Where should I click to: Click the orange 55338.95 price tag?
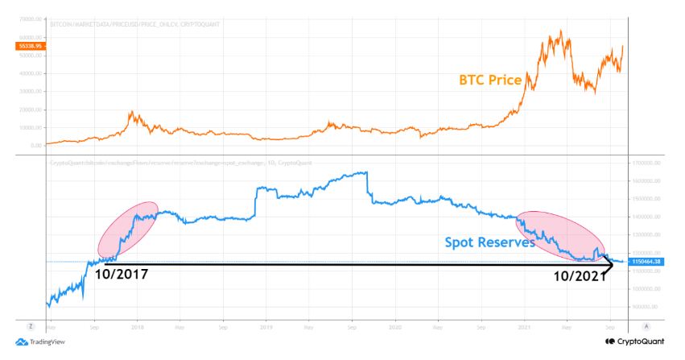(27, 47)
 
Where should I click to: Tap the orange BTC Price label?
(490, 81)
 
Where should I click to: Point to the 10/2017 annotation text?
(122, 274)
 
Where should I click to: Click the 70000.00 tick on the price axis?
(29, 18)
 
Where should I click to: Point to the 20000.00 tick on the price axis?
(29, 110)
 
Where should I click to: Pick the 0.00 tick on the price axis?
(35, 146)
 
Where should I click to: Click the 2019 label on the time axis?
(266, 327)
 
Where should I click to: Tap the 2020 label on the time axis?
(394, 327)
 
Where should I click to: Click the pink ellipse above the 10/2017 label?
(127, 230)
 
